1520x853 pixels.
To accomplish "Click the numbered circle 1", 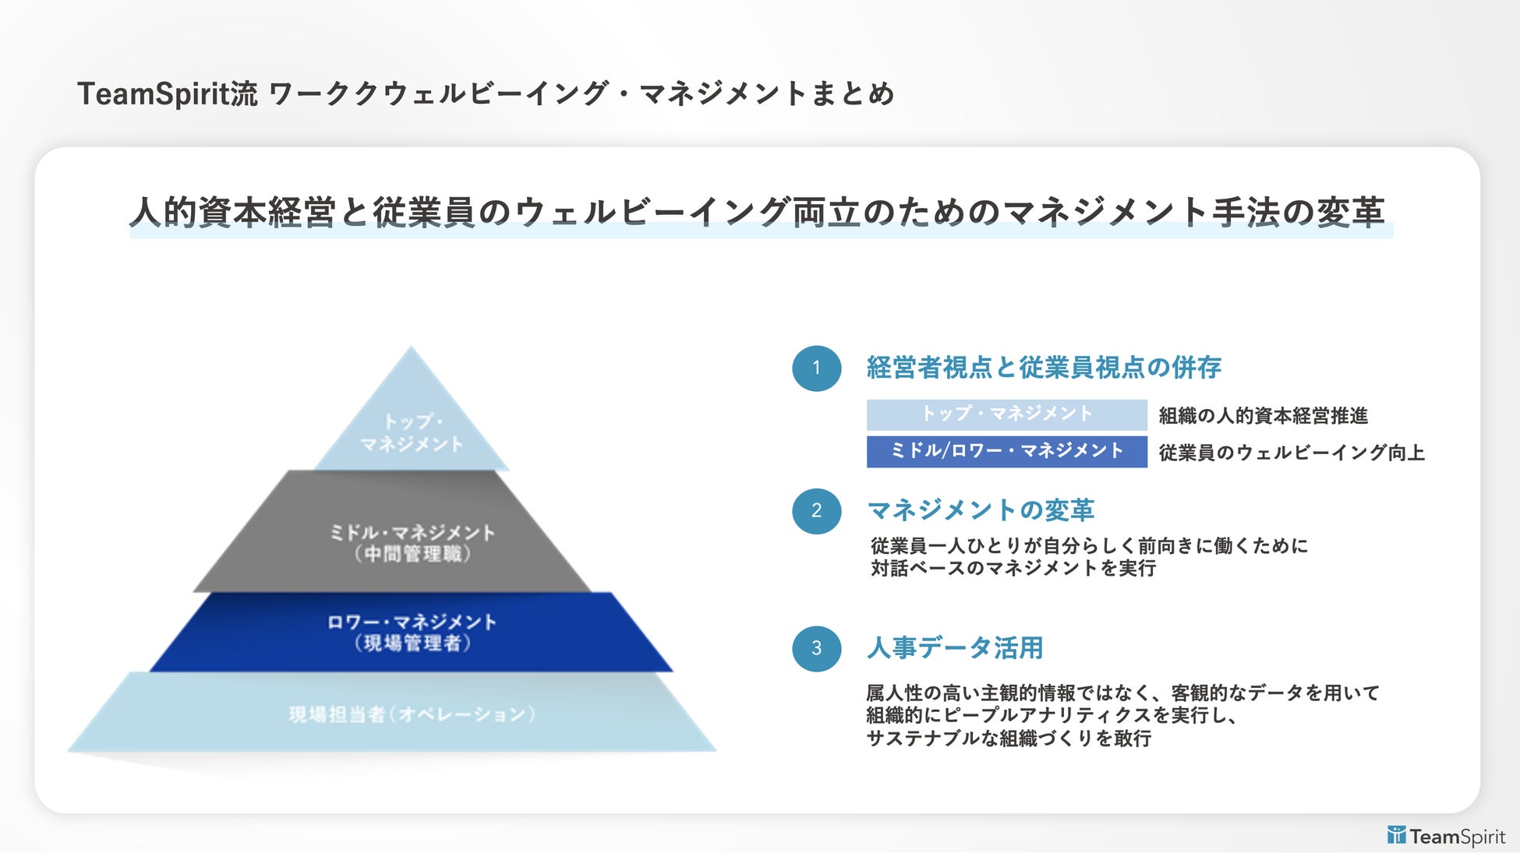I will click(816, 368).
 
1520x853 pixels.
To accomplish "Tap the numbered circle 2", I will click(816, 511).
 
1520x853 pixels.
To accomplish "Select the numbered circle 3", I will click(816, 648).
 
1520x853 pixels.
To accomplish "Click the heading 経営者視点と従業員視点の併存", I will click(1044, 368).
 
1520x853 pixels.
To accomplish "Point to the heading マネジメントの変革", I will click(981, 510).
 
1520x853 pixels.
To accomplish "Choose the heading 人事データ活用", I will click(955, 648).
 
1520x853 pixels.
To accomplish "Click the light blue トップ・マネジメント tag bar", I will click(1006, 414).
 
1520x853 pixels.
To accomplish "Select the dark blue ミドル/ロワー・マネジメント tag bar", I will click(1006, 452).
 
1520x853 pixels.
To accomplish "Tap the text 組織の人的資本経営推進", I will click(1263, 416).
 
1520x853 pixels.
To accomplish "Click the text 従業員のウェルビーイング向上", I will click(1291, 453).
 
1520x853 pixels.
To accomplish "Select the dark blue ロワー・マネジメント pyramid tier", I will click(412, 632).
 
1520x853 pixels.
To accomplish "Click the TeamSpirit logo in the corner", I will click(1446, 837).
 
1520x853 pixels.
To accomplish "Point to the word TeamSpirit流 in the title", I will click(167, 94).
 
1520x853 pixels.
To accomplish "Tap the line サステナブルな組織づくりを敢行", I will click(1009, 738).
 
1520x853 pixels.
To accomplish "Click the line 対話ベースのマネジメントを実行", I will click(1013, 569).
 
